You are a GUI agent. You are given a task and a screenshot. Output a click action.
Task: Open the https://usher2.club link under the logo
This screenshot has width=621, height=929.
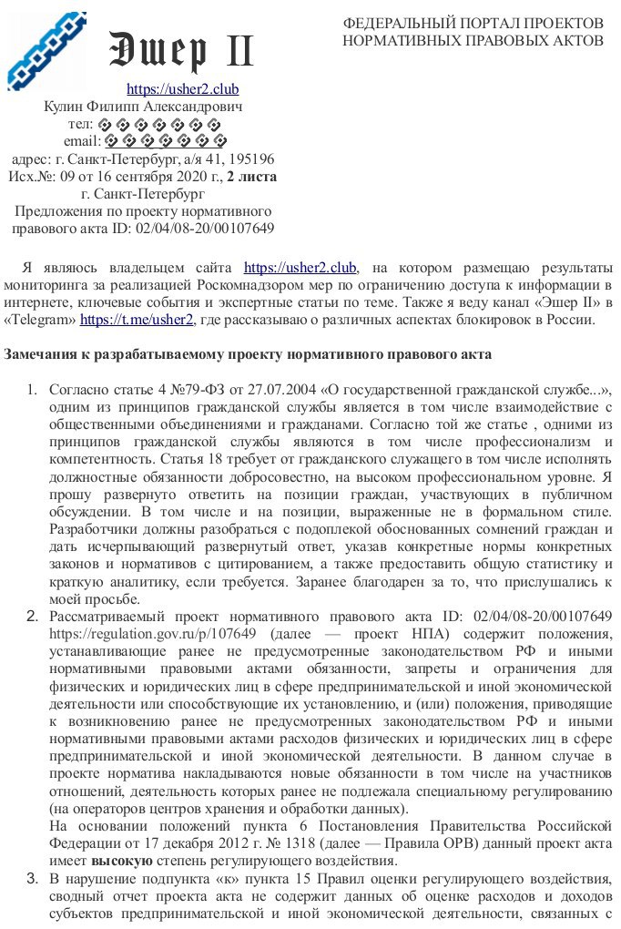point(182,89)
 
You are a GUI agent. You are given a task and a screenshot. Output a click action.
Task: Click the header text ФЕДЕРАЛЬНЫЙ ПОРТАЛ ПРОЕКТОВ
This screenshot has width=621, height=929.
point(473,22)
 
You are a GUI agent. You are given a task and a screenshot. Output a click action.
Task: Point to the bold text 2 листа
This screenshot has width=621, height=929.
point(251,176)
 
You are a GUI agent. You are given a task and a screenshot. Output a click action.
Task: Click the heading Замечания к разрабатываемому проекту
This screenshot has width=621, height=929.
point(248,353)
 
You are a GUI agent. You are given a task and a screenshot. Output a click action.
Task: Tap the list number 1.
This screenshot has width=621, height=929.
point(31,391)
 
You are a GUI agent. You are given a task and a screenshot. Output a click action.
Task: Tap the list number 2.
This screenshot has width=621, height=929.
point(31,616)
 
